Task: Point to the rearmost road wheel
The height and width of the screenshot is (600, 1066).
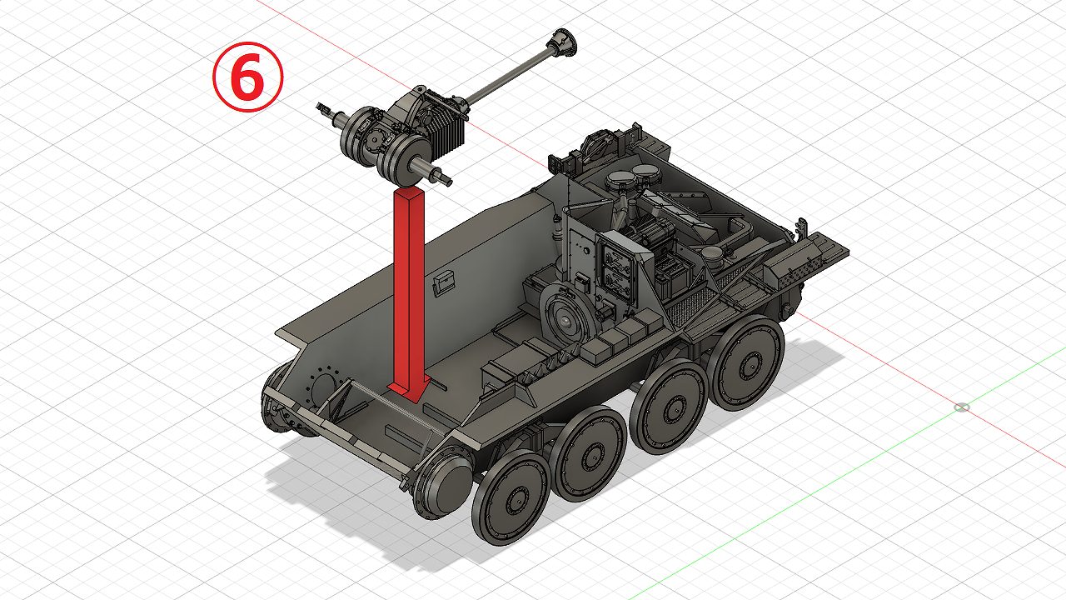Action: [747, 362]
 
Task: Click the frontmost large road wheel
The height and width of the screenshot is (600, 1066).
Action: [511, 497]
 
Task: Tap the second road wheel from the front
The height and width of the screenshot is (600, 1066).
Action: [591, 452]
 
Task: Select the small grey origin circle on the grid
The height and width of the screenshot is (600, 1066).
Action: [962, 407]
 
